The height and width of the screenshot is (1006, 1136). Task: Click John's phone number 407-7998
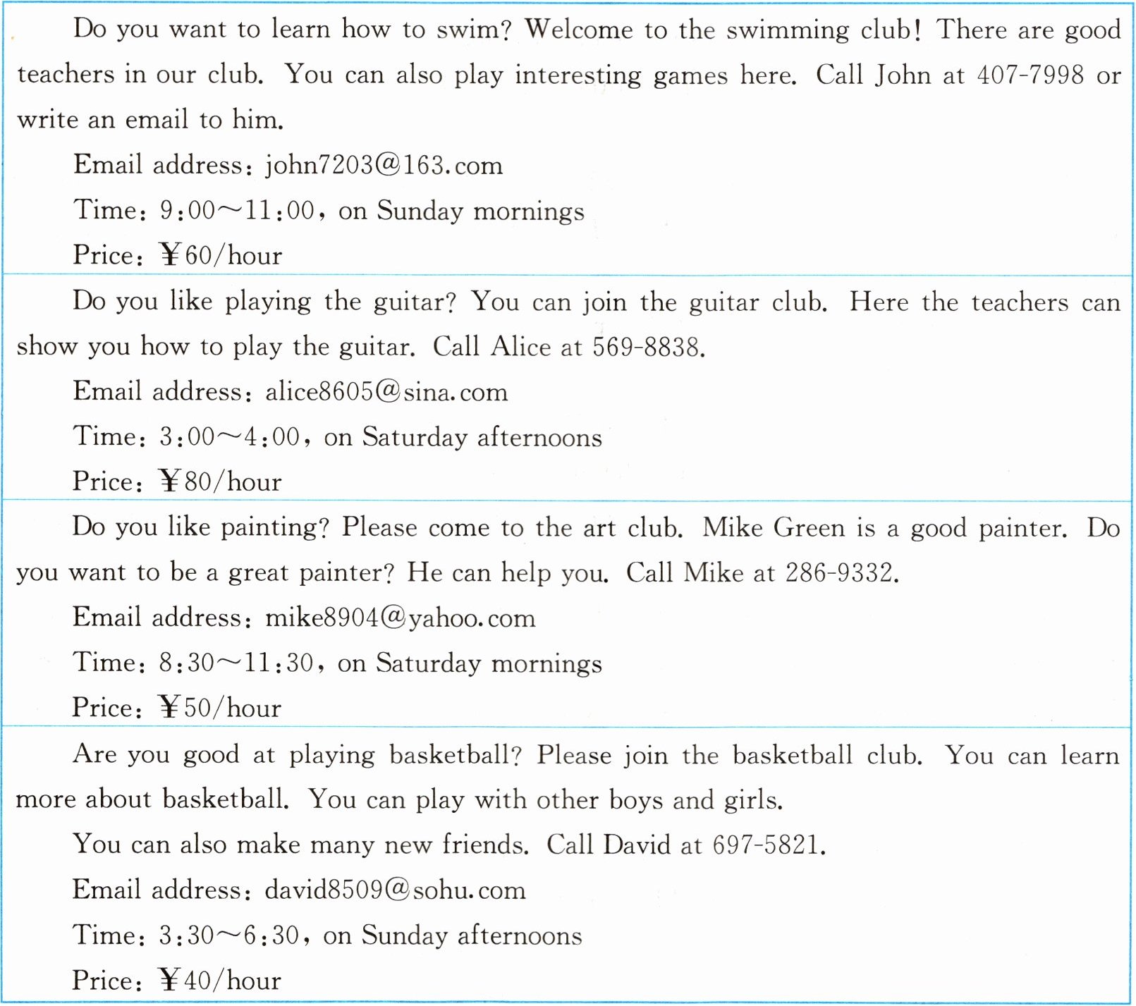1030,75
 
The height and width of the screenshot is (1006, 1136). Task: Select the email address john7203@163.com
384,166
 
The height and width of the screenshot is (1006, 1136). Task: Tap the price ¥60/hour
221,255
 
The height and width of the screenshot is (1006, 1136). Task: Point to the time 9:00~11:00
237,211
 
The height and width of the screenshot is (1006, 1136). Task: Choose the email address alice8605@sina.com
386,392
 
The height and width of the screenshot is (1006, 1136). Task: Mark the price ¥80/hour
220,482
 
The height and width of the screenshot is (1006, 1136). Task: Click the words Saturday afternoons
482,438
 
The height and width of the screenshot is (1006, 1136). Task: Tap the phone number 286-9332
841,573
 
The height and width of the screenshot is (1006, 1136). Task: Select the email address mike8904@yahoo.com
400,618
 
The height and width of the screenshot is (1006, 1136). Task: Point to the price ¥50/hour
220,708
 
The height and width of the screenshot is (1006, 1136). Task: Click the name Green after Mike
809,528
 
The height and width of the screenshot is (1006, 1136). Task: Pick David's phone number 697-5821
767,845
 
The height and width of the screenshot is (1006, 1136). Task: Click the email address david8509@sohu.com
396,890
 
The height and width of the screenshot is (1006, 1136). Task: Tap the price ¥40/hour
220,981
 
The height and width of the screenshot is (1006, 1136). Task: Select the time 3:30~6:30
229,936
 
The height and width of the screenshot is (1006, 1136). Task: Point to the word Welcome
579,30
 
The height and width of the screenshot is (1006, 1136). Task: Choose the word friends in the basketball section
484,845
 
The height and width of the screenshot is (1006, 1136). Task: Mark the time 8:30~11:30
236,663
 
